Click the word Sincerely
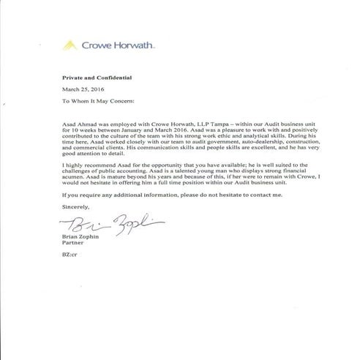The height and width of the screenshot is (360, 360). coord(70,207)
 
